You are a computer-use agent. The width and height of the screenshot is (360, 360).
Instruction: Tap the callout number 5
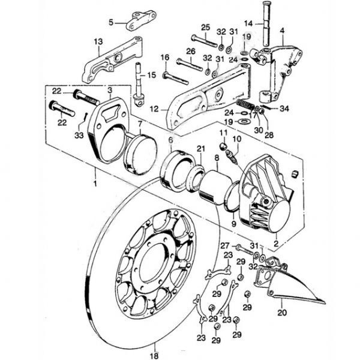tap(110, 23)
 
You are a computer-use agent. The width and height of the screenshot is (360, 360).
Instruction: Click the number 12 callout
tap(155, 110)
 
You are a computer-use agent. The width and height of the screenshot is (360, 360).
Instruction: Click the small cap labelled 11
tap(223, 146)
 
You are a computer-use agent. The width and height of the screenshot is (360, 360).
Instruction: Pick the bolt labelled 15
tap(139, 81)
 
